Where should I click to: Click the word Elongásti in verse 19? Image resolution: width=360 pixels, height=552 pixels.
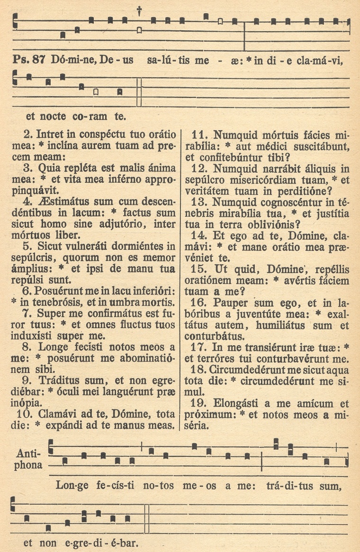[241, 404]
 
